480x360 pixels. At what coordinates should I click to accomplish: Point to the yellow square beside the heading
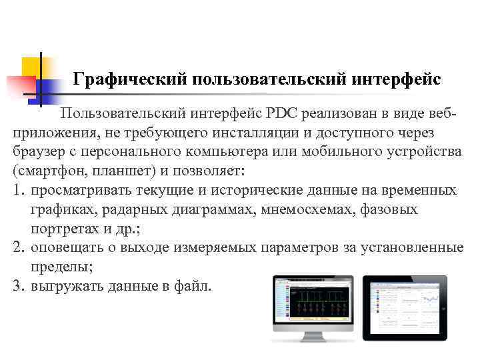(x=31, y=67)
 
